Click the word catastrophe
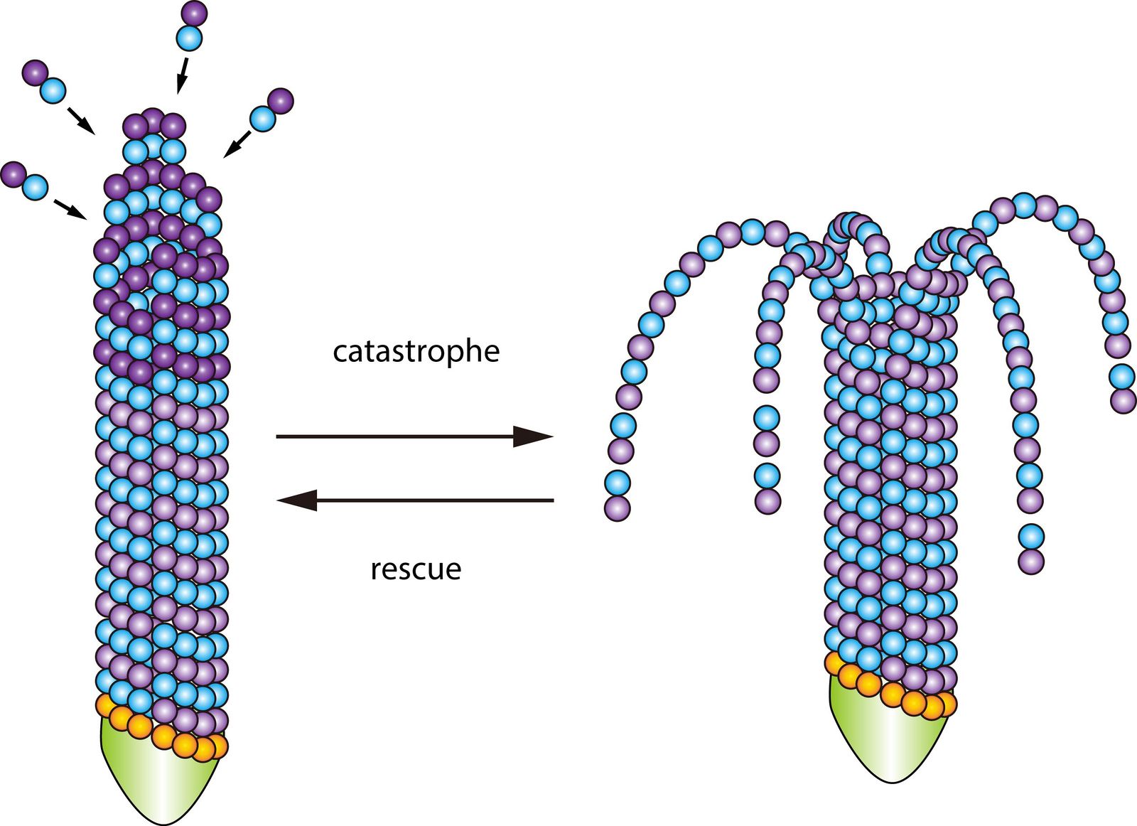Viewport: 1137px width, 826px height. pos(416,352)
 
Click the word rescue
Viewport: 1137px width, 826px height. pos(416,569)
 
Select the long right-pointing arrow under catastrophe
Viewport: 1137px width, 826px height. pos(414,436)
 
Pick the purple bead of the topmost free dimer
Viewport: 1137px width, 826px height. pos(194,13)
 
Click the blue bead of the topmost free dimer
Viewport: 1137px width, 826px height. pos(190,37)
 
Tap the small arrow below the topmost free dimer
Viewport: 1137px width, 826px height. pos(182,75)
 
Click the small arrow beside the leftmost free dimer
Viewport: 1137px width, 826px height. pos(69,208)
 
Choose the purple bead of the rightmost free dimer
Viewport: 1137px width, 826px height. pos(281,101)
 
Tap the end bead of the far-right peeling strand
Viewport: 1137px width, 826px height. pos(1123,400)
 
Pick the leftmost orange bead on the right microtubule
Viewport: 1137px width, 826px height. pos(836,662)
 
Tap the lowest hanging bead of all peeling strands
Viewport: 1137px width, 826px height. pos(1031,562)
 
